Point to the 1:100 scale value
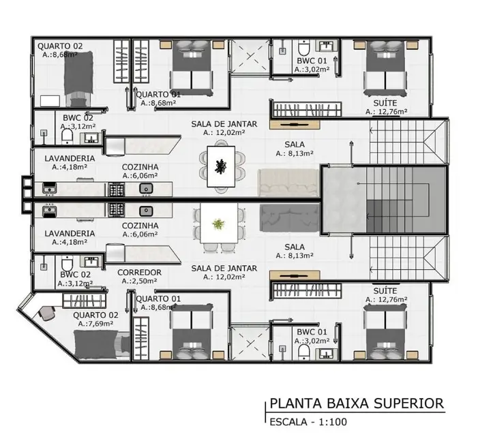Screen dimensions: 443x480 (332, 422)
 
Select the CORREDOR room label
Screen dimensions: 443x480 (139, 272)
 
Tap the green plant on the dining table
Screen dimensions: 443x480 (217, 224)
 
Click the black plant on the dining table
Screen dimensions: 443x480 (220, 165)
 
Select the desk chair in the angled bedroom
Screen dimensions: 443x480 (48, 314)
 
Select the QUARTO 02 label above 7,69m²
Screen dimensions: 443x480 (95, 315)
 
